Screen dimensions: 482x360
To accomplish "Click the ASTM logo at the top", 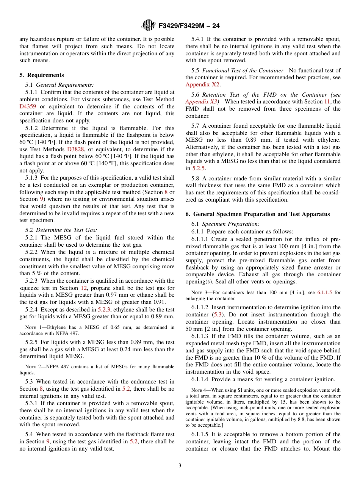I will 148,26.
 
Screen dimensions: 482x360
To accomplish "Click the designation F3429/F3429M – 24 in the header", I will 189,26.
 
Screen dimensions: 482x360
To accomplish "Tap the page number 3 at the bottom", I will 180,465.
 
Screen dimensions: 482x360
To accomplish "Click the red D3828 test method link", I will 75,149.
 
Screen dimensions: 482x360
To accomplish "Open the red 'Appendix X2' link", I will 202,85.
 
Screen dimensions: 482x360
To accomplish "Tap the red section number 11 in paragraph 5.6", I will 327,102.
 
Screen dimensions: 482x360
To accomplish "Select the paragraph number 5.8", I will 196,178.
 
